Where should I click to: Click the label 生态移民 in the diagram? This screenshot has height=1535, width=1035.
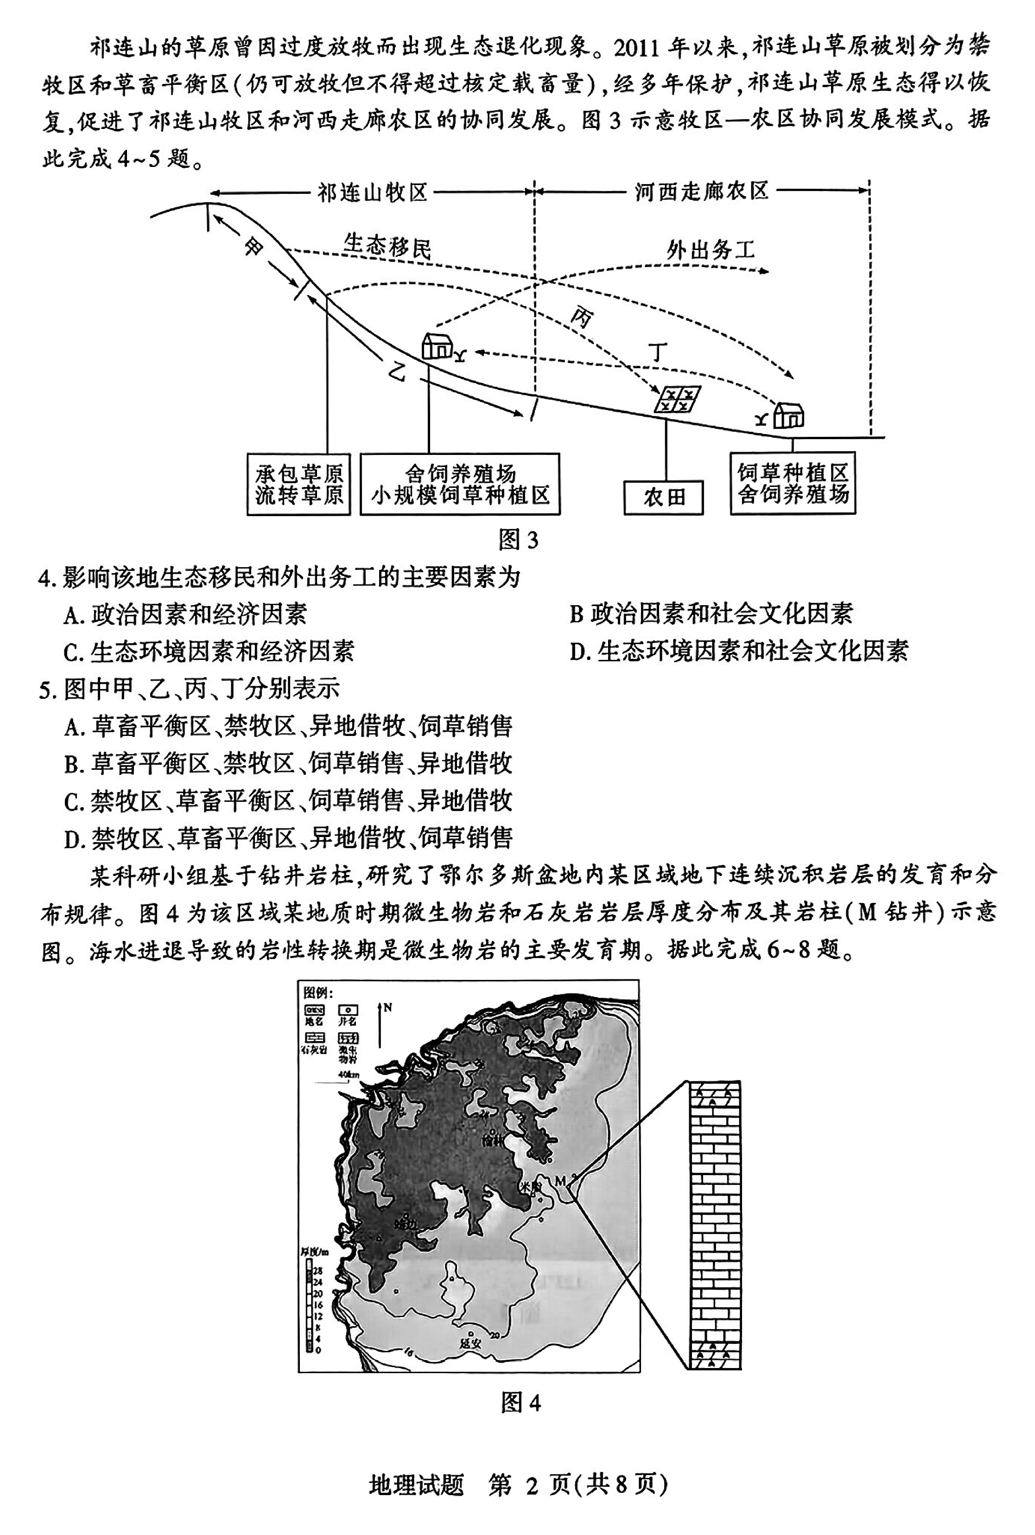387,246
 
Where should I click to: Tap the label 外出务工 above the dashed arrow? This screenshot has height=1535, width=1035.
710,250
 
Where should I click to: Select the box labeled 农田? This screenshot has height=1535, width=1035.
663,497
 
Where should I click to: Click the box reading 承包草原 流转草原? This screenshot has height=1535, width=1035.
298,484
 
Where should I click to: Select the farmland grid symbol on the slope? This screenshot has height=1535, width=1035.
677,399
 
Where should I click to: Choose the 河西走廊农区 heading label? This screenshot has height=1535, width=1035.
702,192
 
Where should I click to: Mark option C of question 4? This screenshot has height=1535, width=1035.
209,652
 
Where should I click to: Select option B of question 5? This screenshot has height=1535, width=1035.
288,764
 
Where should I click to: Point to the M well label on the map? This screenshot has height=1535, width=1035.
560,1180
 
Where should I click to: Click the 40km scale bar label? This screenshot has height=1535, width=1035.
348,1074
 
